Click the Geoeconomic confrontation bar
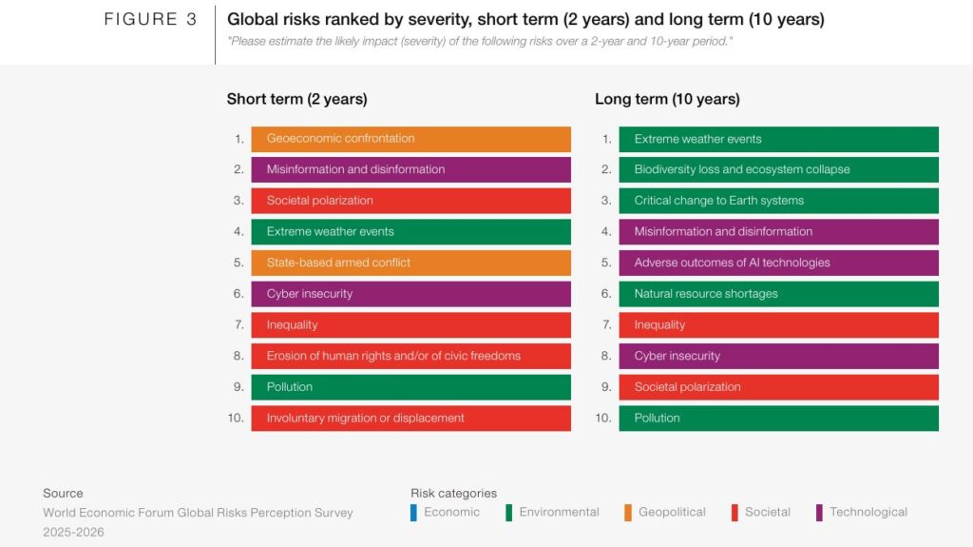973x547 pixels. point(410,139)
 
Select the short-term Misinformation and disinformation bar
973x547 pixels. point(410,169)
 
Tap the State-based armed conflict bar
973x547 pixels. point(410,263)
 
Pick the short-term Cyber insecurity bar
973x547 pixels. point(410,294)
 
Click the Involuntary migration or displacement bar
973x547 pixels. point(410,418)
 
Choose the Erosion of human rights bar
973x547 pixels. point(410,356)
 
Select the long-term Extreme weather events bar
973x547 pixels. point(778,139)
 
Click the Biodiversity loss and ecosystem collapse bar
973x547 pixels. point(778,169)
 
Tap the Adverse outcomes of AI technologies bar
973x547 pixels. point(778,263)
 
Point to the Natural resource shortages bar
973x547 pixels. point(778,294)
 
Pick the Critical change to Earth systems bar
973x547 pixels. point(778,201)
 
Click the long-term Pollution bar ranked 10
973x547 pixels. point(778,418)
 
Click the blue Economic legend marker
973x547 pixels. point(413,513)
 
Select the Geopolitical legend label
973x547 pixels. point(672,512)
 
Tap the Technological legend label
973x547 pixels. point(868,512)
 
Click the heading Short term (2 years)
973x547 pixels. point(296,99)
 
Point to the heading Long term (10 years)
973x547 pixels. point(667,99)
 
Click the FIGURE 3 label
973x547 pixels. point(150,20)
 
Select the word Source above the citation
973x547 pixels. point(63,493)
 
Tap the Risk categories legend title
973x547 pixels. point(453,493)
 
